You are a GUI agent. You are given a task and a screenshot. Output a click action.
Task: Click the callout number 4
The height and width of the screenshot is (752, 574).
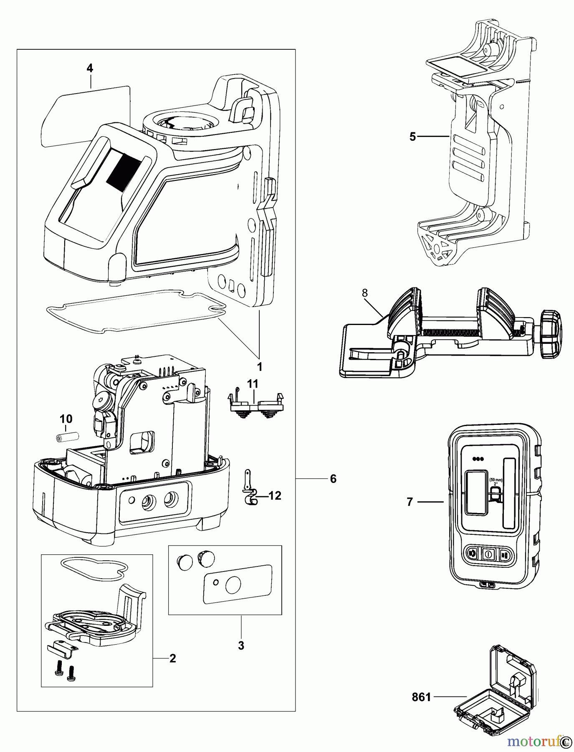(90, 68)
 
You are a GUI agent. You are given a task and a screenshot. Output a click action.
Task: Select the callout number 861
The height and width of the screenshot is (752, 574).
(421, 697)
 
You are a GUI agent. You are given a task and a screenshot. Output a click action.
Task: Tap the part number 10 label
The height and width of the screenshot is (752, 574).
(66, 419)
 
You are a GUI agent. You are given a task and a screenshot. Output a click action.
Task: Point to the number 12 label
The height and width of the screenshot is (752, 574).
(275, 495)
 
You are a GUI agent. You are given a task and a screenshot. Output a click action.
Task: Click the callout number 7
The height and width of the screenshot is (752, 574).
(410, 502)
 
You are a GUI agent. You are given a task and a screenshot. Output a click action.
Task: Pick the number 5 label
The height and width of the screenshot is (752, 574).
(412, 137)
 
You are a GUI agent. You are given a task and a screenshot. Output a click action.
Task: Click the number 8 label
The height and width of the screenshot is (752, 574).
(365, 293)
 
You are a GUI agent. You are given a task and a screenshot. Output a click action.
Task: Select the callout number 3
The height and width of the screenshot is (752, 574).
(241, 645)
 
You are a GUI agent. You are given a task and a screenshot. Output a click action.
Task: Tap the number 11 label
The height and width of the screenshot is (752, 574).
(253, 384)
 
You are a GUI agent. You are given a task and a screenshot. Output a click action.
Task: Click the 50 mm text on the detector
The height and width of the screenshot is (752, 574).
(496, 480)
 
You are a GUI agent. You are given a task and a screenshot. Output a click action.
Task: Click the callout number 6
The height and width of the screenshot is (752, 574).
(333, 479)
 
